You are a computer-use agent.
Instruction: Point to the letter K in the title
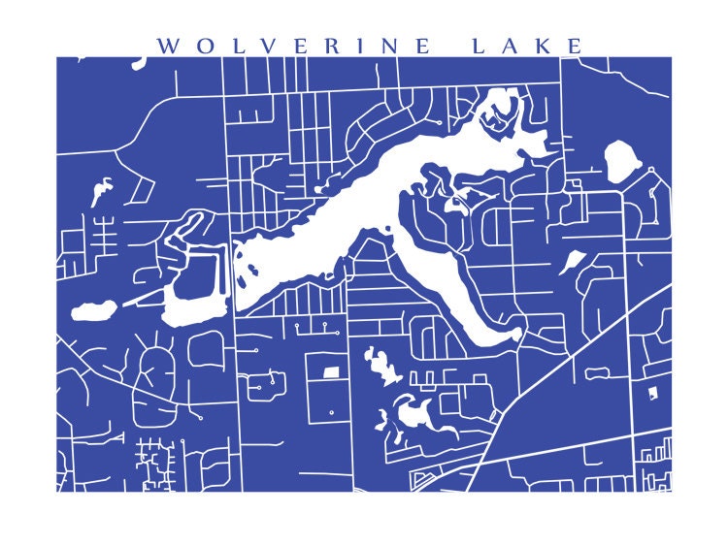coord(548,46)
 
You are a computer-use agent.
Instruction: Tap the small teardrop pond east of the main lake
coord(573,261)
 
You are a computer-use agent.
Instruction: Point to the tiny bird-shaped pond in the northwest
coord(101,192)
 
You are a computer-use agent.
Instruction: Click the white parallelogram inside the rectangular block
coord(331,370)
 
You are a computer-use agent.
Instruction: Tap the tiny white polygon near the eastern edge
coord(652,392)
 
